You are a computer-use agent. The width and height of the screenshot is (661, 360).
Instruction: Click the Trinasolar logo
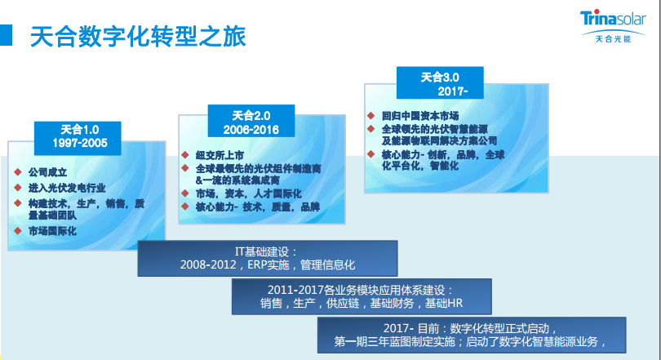tap(613, 26)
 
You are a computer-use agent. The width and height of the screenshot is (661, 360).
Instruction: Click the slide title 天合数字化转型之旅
tap(138, 36)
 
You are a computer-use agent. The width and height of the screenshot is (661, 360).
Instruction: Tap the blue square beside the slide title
tap(6, 35)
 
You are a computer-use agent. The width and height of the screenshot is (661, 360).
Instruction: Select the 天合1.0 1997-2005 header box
tap(78, 138)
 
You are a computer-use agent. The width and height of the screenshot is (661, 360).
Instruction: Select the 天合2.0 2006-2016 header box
tap(251, 121)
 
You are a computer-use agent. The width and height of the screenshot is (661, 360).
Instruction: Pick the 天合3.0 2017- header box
tap(440, 82)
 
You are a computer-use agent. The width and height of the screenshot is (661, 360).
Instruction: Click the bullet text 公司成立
tap(47, 172)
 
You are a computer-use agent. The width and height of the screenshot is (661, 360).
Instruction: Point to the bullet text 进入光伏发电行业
tap(67, 188)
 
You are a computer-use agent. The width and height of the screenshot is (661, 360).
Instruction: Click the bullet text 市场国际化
tap(52, 231)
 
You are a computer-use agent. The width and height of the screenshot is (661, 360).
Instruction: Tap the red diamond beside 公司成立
tap(18, 172)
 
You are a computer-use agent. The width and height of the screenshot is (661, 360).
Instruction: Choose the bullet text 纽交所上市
tap(220, 155)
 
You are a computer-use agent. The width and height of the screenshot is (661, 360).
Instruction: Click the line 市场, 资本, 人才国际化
tap(249, 194)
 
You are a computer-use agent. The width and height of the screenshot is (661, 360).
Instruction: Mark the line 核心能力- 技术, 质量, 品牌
tap(258, 207)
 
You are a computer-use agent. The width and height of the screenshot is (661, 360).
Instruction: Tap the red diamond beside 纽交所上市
tap(185, 155)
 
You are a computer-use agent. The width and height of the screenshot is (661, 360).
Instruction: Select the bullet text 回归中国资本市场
tap(420, 116)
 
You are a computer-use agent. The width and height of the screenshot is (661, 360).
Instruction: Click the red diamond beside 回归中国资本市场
tap(371, 115)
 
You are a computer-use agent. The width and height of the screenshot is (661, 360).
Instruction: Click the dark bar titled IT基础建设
tap(268, 259)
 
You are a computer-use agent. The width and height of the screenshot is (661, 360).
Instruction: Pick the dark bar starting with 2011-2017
tap(362, 296)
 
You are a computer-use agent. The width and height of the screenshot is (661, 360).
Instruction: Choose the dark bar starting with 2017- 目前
tap(472, 336)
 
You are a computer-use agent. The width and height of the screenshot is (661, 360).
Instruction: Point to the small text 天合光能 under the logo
tap(613, 39)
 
